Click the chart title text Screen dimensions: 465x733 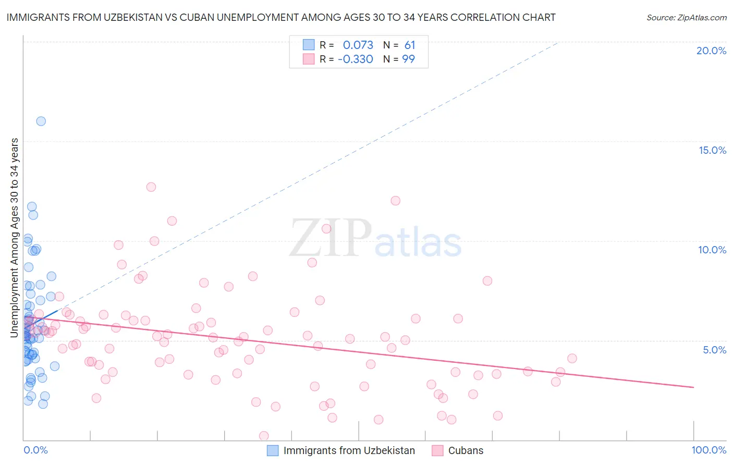(281, 17)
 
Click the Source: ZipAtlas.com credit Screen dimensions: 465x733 (686, 17)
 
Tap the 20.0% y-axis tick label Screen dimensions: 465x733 (711, 51)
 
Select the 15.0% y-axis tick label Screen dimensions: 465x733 (712, 150)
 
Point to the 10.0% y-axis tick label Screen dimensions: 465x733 (712, 250)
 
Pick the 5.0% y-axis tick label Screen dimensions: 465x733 (714, 350)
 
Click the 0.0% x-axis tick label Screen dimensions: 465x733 (35, 450)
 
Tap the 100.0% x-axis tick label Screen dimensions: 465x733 (708, 450)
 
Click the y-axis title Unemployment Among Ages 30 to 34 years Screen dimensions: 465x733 (15, 237)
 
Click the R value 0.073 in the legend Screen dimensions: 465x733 (358, 45)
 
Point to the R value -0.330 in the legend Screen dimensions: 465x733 (356, 59)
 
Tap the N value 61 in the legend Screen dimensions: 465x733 (410, 45)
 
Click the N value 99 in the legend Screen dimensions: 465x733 (409, 59)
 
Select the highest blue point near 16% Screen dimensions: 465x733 (41, 121)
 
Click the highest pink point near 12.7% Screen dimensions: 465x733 (151, 187)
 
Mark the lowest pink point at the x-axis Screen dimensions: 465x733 (264, 436)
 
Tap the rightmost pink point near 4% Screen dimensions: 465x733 (572, 358)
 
